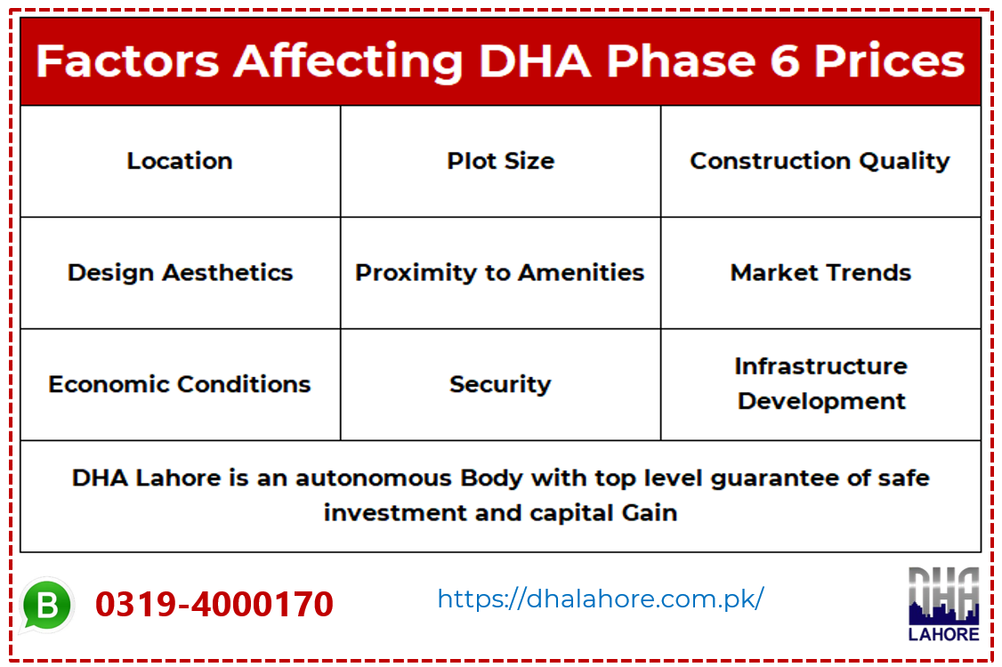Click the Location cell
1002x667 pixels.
[180, 161]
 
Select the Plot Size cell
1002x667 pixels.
[500, 161]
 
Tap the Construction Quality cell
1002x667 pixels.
[820, 161]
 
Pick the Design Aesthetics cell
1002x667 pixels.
[180, 272]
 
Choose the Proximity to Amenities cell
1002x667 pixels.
[500, 272]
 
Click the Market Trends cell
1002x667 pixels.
[820, 272]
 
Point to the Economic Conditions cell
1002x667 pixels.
[180, 384]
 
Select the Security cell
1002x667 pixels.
[500, 384]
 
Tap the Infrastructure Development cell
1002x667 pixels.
[820, 383]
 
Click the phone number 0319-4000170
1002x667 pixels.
[214, 605]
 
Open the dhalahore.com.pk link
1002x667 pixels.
[601, 599]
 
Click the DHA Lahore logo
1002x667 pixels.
[943, 605]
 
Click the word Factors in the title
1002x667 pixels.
[127, 60]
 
